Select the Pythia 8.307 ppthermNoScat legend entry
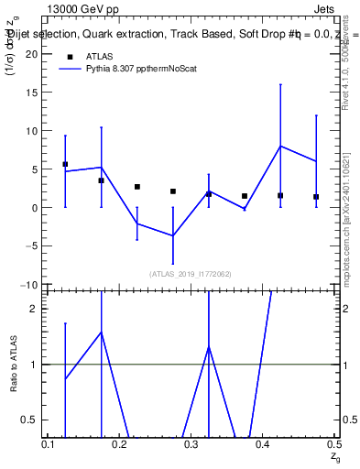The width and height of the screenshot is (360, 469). [143, 68]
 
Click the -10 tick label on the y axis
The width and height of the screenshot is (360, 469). [30, 285]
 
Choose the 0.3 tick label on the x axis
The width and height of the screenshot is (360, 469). [191, 444]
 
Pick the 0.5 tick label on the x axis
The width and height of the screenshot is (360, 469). [333, 444]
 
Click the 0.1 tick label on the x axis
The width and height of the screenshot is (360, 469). [49, 444]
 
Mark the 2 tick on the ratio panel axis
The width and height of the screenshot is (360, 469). [36, 309]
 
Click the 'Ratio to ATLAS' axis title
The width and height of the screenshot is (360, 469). [13, 364]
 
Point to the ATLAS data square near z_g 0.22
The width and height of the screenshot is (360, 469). [137, 187]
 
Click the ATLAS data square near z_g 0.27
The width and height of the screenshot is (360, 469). [173, 191]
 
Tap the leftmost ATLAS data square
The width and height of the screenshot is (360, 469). [65, 164]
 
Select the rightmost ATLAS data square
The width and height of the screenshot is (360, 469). [316, 197]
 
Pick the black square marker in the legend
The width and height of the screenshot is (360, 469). [68, 55]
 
